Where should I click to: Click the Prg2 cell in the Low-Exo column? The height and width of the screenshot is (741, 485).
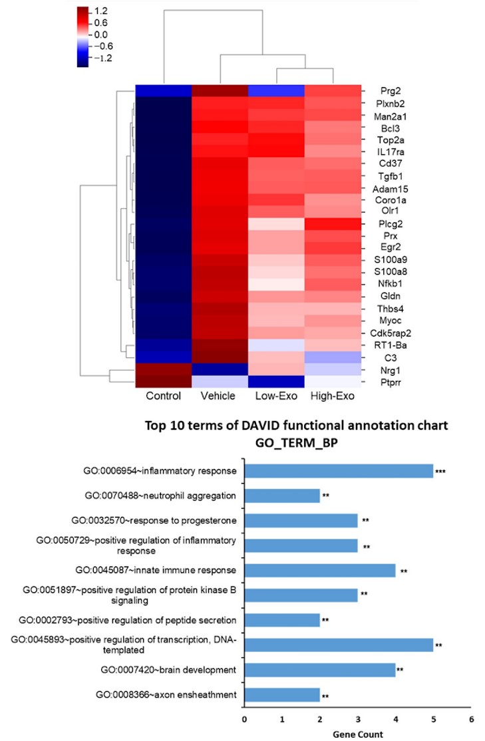tap(275, 91)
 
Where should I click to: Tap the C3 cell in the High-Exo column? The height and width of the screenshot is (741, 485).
tap(331, 357)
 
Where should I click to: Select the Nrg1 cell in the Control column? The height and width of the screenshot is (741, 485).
tap(164, 369)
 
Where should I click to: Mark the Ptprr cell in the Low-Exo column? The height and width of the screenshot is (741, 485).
tap(275, 381)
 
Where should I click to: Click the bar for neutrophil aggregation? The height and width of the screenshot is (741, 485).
tap(282, 496)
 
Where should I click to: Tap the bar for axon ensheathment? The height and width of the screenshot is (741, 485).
tap(282, 696)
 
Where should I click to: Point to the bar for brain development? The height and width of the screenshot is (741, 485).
tap(320, 670)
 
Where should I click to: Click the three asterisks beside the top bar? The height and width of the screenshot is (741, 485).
tap(440, 472)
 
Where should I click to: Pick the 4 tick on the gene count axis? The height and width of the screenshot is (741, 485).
tap(396, 719)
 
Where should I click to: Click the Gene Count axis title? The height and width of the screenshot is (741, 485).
tap(358, 734)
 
